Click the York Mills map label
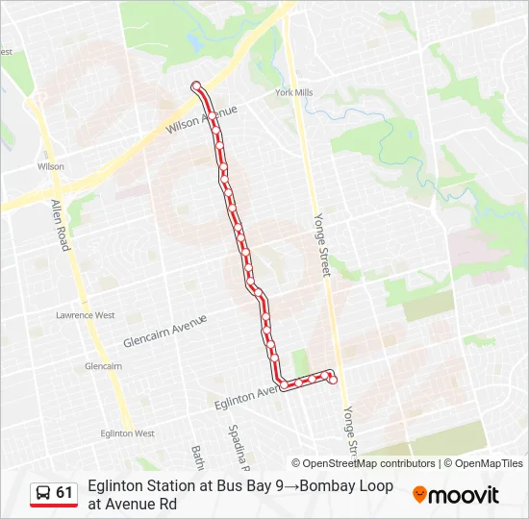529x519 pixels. (293, 93)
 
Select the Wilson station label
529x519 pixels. (50, 166)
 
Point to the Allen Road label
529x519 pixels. (61, 226)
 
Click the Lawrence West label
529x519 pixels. (85, 315)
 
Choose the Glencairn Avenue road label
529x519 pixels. (165, 332)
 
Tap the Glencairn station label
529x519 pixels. (103, 366)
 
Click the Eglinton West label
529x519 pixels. (127, 433)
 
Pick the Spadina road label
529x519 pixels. (238, 443)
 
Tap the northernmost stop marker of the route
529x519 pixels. (196, 86)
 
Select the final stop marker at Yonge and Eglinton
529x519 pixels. (333, 380)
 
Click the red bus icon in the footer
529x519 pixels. (43, 494)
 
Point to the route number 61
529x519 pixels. (64, 493)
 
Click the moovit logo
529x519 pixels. (456, 495)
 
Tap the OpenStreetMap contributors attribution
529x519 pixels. (364, 463)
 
